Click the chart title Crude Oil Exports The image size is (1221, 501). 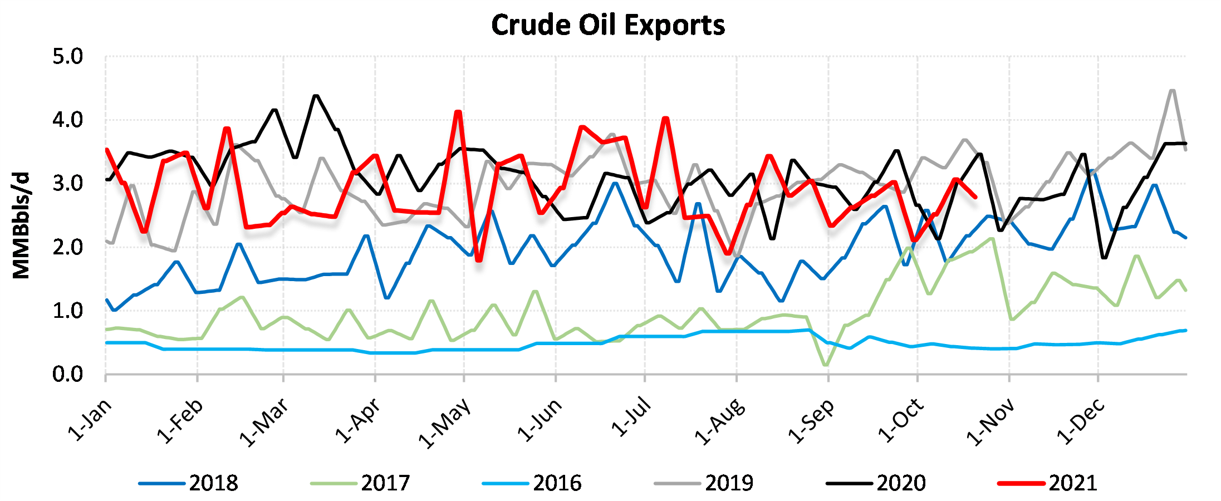(608, 25)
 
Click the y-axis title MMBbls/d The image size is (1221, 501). (21, 225)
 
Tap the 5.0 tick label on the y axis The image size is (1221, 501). (67, 57)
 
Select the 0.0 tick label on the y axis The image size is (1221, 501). (67, 375)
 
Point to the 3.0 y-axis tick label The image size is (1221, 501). (67, 184)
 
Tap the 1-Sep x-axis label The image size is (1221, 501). (811, 421)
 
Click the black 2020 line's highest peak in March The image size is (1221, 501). (316, 96)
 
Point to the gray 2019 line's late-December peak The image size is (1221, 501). (1172, 90)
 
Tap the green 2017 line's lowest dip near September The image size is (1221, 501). (825, 365)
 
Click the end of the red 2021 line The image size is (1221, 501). (975, 197)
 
